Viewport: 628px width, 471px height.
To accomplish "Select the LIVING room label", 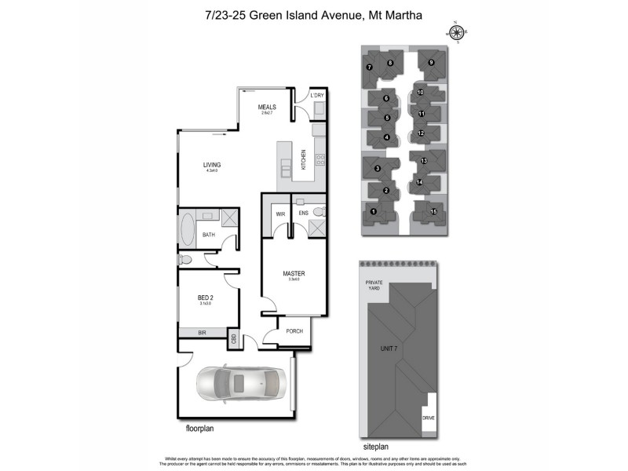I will pyautogui.click(x=211, y=165).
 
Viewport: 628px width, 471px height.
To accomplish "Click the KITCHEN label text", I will pyautogui.click(x=304, y=159).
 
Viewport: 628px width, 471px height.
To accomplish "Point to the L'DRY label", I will pyautogui.click(x=317, y=96).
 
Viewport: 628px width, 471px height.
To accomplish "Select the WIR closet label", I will pyautogui.click(x=279, y=214).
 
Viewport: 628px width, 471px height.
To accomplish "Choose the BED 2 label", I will pyautogui.click(x=205, y=298).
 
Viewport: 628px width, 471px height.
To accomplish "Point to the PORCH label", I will pyautogui.click(x=294, y=331).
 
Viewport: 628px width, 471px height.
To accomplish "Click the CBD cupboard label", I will pyautogui.click(x=233, y=338).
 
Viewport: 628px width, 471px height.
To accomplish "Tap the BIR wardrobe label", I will pyautogui.click(x=202, y=333).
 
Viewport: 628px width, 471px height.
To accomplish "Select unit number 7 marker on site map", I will pyautogui.click(x=369, y=68).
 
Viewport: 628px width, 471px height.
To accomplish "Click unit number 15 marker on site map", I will pyautogui.click(x=433, y=211).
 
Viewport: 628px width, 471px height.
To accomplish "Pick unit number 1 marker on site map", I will pyautogui.click(x=374, y=211).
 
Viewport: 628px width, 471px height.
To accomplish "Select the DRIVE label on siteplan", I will pyautogui.click(x=428, y=418).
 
